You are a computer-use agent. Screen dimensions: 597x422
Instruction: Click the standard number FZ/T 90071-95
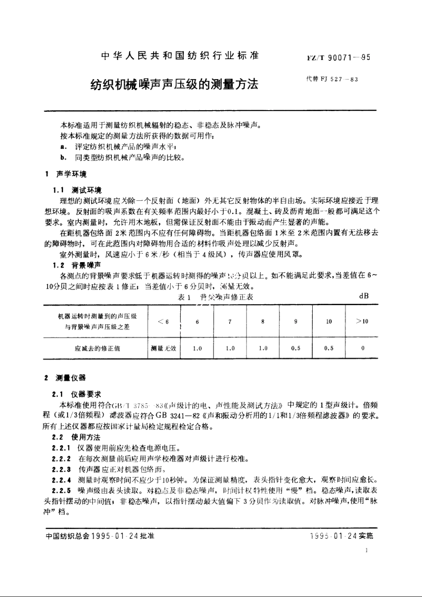338,58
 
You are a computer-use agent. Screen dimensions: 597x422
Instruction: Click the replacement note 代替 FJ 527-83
332,80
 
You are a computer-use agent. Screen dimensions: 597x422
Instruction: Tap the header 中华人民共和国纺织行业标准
180,56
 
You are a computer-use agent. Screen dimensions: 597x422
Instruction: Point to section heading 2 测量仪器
65,378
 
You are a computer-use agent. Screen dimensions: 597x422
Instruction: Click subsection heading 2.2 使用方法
76,438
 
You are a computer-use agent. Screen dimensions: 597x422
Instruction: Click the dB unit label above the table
363,296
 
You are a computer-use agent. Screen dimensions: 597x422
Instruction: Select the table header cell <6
163,322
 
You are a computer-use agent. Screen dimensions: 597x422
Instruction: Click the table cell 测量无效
163,348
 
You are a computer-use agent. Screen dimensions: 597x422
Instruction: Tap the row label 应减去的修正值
97,348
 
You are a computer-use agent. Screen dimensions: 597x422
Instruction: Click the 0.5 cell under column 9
296,348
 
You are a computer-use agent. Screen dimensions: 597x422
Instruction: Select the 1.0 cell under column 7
230,348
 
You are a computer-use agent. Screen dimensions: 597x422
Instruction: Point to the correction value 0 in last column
362,348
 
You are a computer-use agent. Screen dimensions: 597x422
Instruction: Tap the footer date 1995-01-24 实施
342,536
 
